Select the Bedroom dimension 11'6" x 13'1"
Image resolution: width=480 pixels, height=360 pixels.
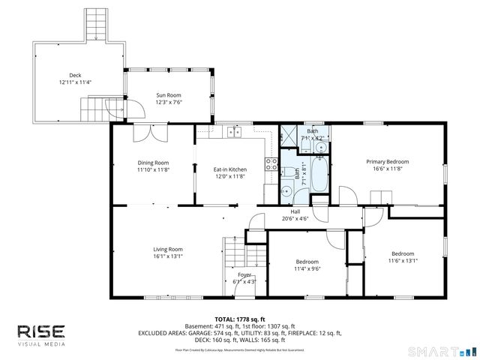pos(402,261)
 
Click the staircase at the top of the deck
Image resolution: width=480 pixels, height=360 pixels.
pos(94,25)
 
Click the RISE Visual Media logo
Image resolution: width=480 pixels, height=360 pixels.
pos(41,334)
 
